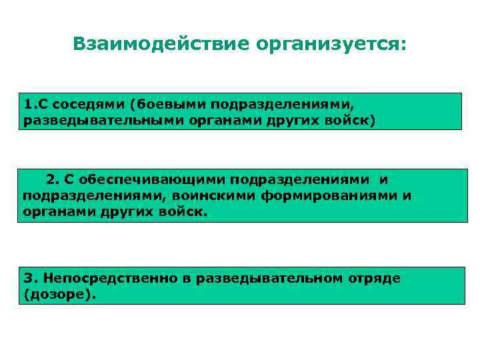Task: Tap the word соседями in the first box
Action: [x=91, y=105]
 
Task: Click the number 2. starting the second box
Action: [x=53, y=179]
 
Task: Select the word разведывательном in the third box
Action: [x=270, y=278]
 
